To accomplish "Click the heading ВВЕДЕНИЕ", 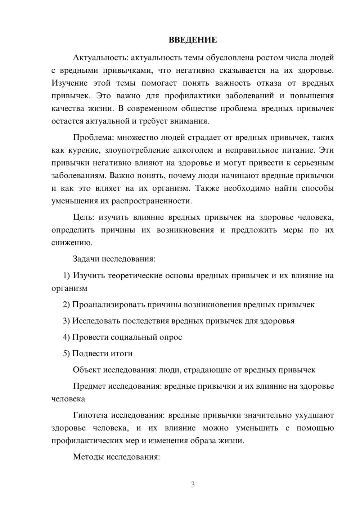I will [193, 40].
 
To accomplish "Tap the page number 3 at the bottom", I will [193, 485].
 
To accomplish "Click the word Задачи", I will [86, 259].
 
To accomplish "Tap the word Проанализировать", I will [108, 305].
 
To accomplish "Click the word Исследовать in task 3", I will [96, 321].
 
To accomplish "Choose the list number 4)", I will [66, 337].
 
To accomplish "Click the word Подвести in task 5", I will [88, 353].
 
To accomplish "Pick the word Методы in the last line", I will [87, 457].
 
